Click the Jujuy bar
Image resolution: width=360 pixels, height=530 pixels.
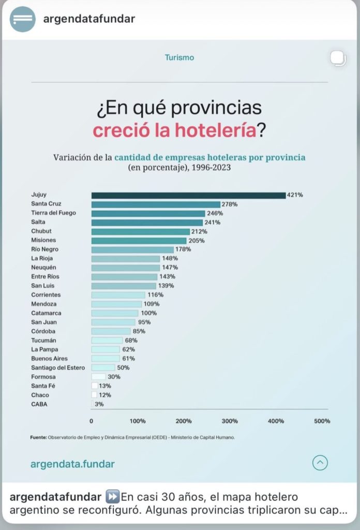click(188, 195)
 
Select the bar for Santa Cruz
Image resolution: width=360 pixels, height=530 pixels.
click(156, 204)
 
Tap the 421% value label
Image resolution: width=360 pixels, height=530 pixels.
click(295, 195)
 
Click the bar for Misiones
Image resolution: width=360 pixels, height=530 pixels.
click(139, 240)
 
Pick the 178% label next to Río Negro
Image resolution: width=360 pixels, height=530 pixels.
click(183, 249)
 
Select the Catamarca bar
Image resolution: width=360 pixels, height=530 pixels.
click(115, 313)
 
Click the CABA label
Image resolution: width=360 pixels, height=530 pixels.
click(39, 404)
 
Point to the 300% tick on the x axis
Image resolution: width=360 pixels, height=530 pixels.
click(230, 421)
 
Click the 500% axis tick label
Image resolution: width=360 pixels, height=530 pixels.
click(322, 421)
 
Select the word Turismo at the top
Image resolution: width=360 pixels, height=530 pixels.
click(179, 57)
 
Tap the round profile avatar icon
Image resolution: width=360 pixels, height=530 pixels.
click(23, 19)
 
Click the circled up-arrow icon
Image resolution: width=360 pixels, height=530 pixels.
click(320, 462)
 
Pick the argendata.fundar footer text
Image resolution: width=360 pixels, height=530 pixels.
click(72, 464)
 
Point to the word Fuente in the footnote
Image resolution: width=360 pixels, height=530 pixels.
click(39, 437)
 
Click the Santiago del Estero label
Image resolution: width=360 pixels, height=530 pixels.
click(57, 367)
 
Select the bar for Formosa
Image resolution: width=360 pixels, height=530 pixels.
click(98, 377)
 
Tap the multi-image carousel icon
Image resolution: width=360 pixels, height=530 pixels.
click(338, 58)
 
